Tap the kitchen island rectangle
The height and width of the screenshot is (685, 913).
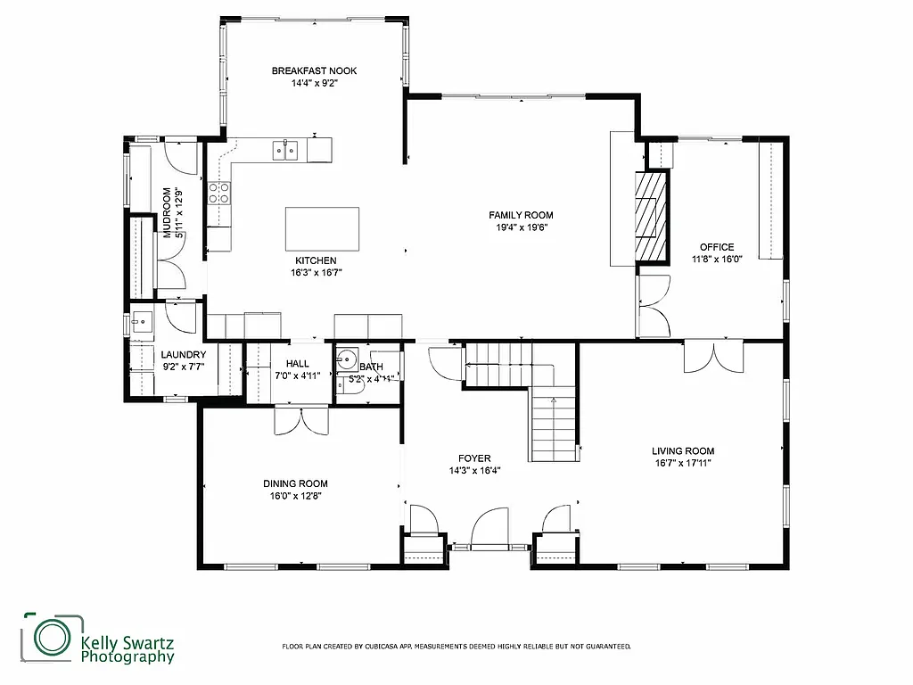tap(323, 229)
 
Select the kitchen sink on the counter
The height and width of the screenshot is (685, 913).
tap(285, 150)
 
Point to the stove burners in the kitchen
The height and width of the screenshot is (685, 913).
tap(219, 193)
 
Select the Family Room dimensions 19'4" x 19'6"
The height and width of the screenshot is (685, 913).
tap(521, 227)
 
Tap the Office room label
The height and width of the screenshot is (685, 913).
tap(717, 247)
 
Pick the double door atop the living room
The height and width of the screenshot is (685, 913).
tap(712, 358)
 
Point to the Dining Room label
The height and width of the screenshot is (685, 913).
tap(295, 483)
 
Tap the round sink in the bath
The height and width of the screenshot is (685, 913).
tap(347, 361)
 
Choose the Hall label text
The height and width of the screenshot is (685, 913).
tap(297, 363)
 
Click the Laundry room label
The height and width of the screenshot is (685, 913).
tap(184, 355)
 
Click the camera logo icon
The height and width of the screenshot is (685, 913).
tap(52, 637)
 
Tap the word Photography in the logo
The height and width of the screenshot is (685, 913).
tap(127, 657)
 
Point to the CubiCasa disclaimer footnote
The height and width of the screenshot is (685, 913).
tap(456, 646)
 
